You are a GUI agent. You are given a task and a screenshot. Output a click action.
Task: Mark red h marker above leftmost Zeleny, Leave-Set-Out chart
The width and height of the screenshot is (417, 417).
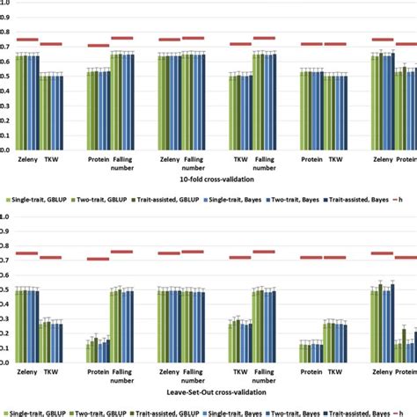click(27, 253)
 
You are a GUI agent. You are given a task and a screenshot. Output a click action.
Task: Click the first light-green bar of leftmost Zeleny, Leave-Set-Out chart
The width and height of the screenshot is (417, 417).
click(18, 326)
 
